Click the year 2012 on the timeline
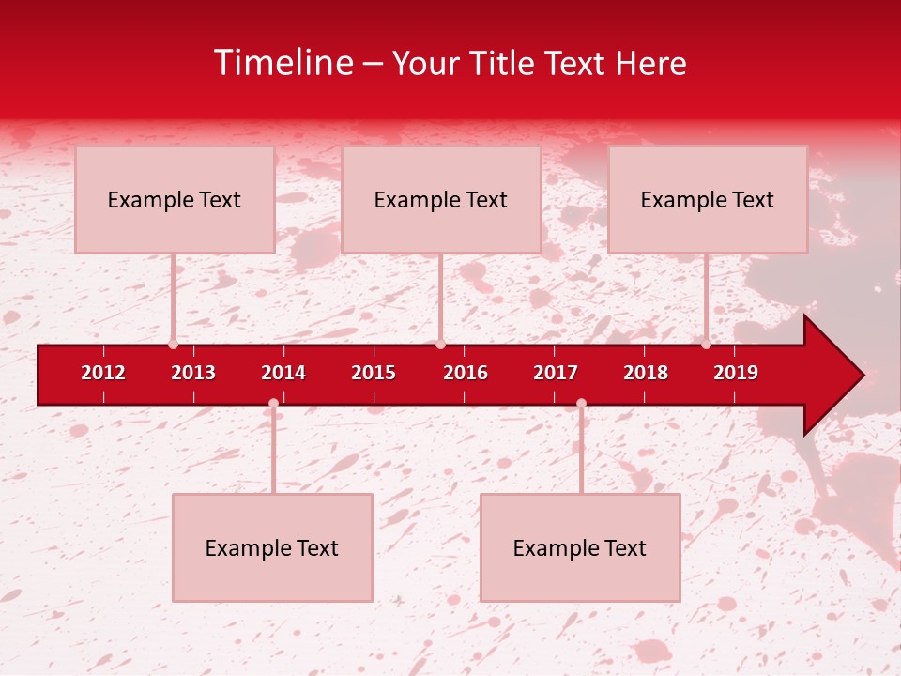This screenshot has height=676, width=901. [x=103, y=373]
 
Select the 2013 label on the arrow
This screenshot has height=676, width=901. [x=193, y=373]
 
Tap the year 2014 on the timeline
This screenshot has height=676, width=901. [x=283, y=373]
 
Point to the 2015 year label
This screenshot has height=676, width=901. [x=374, y=373]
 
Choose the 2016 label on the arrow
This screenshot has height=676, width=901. [x=466, y=373]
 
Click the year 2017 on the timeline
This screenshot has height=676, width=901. [x=556, y=373]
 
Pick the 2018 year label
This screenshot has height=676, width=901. [x=646, y=373]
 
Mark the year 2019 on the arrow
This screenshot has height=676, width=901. [x=736, y=373]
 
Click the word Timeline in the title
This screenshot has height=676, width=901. [x=283, y=63]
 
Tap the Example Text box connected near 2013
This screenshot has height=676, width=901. [x=175, y=199]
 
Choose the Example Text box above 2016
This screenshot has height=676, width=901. [x=441, y=199]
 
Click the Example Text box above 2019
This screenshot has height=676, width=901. [x=708, y=199]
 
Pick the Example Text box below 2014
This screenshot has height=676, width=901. [x=272, y=547]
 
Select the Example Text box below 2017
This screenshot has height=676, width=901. [x=580, y=547]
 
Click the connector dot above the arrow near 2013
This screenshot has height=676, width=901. [x=173, y=345]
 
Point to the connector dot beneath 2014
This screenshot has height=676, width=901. [x=273, y=404]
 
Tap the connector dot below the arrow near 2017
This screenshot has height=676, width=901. [x=581, y=404]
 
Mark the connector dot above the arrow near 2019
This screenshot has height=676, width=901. [x=706, y=345]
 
